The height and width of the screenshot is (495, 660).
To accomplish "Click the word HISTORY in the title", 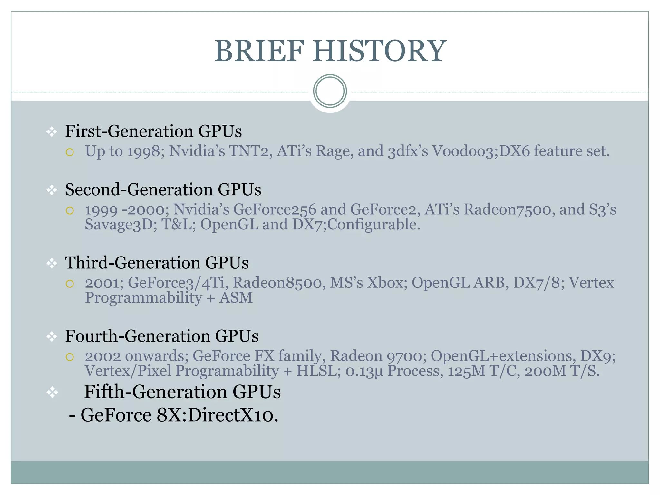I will [379, 51].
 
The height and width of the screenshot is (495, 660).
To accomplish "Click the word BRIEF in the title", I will [259, 51].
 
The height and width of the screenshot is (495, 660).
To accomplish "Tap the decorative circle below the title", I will [330, 91].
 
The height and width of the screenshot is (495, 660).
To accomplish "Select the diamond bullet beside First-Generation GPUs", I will [52, 132].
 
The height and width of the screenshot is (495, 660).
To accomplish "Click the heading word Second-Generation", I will [139, 189].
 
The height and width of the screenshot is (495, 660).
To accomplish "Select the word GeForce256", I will [275, 210].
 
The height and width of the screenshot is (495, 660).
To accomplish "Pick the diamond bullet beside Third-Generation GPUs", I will [52, 263].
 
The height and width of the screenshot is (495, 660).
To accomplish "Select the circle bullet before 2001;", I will [70, 284].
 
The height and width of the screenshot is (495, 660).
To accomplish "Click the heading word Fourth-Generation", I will [138, 336].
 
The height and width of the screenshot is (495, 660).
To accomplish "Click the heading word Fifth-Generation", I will [155, 392].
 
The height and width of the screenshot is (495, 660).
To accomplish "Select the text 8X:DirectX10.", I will [217, 415].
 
